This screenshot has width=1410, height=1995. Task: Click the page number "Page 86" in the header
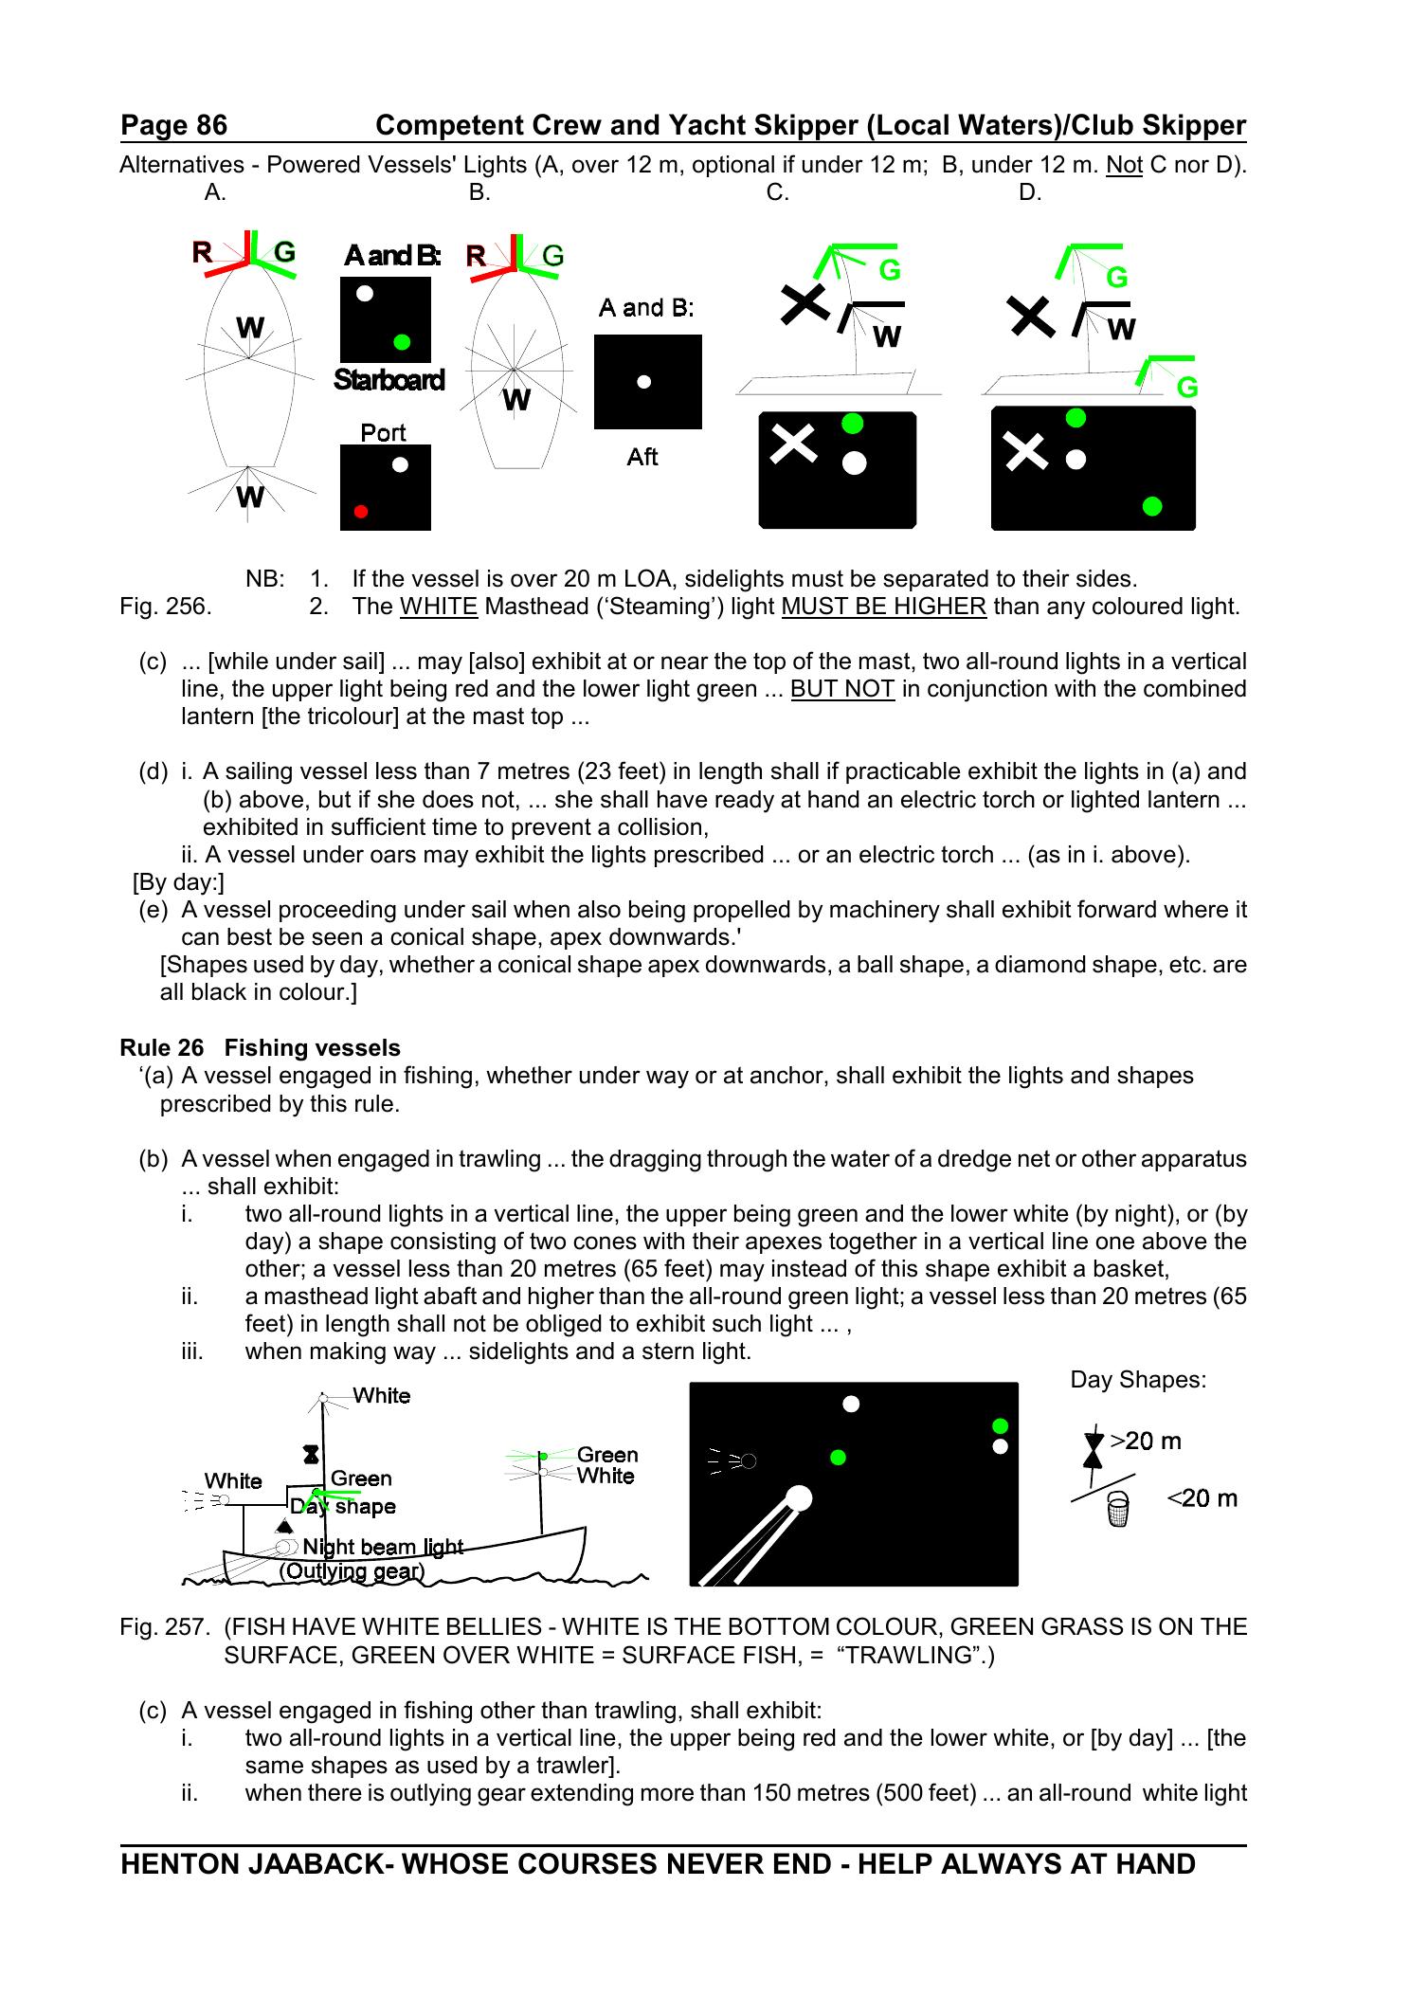pos(174,125)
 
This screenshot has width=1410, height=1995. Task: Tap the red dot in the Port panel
pos(361,512)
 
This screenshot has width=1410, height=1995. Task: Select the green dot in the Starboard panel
pos(402,341)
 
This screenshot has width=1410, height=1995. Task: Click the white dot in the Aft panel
pos(644,382)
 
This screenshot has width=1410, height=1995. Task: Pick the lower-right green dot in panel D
pos(1152,506)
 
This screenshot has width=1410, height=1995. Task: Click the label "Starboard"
pos(389,380)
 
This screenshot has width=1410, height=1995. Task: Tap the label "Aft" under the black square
pos(642,458)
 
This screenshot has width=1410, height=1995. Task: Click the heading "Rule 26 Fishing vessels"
pos(260,1047)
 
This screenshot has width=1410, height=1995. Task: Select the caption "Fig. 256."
pos(166,607)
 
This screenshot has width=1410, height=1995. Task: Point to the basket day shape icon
pos(1118,1510)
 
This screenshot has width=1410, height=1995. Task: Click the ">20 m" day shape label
pos(1146,1441)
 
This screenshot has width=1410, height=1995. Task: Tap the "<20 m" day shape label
pos(1202,1498)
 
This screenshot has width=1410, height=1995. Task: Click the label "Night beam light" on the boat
pos(382,1547)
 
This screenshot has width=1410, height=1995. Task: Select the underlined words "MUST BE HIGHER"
pos(883,607)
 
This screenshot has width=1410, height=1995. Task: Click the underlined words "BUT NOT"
pos(842,689)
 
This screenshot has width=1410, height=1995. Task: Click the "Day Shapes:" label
pos(1138,1380)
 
